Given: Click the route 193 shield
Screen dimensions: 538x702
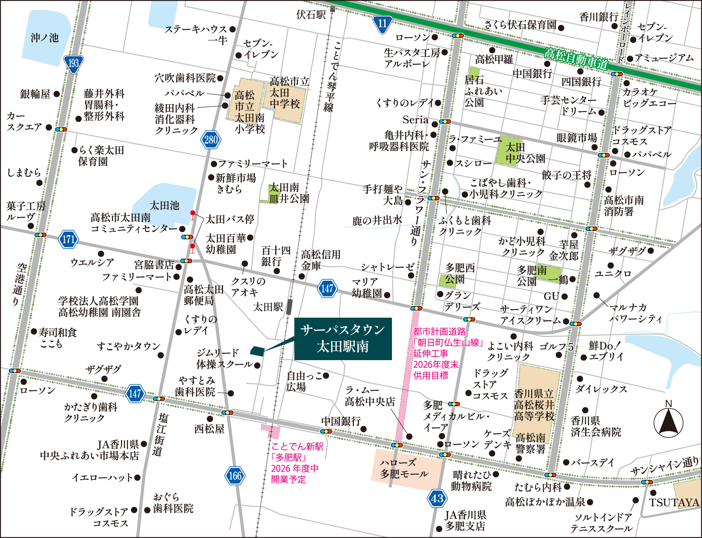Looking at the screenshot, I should click(x=73, y=64).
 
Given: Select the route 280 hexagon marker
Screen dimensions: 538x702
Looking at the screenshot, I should click(x=211, y=139).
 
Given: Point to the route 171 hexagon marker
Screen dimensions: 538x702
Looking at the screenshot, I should click(x=68, y=239).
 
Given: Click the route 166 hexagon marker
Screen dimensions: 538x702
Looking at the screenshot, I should click(x=235, y=476).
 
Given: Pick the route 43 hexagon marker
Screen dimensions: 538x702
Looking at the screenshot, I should click(x=437, y=498).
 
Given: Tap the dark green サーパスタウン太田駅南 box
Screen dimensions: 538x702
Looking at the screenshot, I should click(x=343, y=339).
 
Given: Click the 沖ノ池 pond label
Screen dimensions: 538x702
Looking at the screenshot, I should click(x=45, y=38).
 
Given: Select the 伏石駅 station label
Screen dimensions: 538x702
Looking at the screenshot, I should click(x=311, y=15).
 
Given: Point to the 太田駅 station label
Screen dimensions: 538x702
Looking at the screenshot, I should click(x=268, y=307).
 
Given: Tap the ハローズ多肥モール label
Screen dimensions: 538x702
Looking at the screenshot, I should click(x=404, y=468).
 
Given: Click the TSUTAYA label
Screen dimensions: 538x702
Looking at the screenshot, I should click(x=674, y=502).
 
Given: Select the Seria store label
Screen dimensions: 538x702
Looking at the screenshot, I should click(x=415, y=120).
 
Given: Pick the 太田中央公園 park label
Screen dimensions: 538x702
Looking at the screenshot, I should click(x=525, y=153).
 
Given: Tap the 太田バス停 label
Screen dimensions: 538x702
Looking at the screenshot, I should click(x=230, y=219).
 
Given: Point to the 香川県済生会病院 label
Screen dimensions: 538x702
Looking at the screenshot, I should click(x=596, y=426).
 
